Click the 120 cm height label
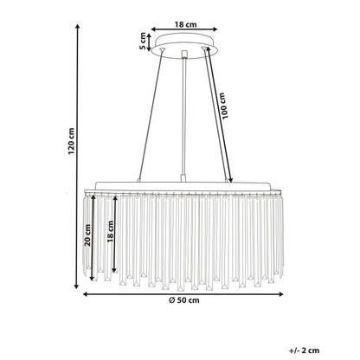71,141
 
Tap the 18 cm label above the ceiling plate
185,24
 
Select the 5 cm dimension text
143,41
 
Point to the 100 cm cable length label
223,106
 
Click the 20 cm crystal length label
87,235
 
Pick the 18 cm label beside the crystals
110,231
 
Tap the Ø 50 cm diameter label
184,300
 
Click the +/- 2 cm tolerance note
305,350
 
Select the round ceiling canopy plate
184,46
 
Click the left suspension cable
151,115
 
